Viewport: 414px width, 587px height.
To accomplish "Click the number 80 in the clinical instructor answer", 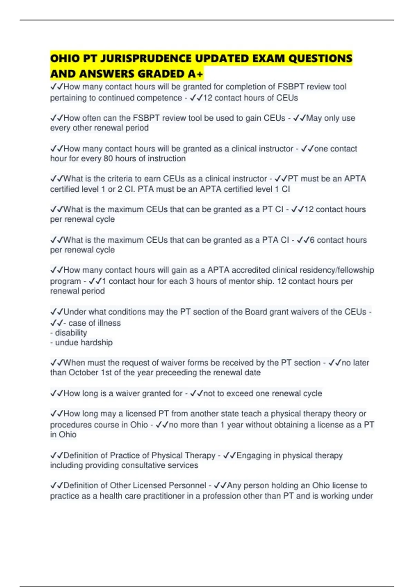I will (108, 158).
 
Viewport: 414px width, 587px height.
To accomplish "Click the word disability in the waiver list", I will (71, 333).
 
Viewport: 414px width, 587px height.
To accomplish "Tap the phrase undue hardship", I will (84, 343).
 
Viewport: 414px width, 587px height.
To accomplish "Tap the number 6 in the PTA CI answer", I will (312, 240).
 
